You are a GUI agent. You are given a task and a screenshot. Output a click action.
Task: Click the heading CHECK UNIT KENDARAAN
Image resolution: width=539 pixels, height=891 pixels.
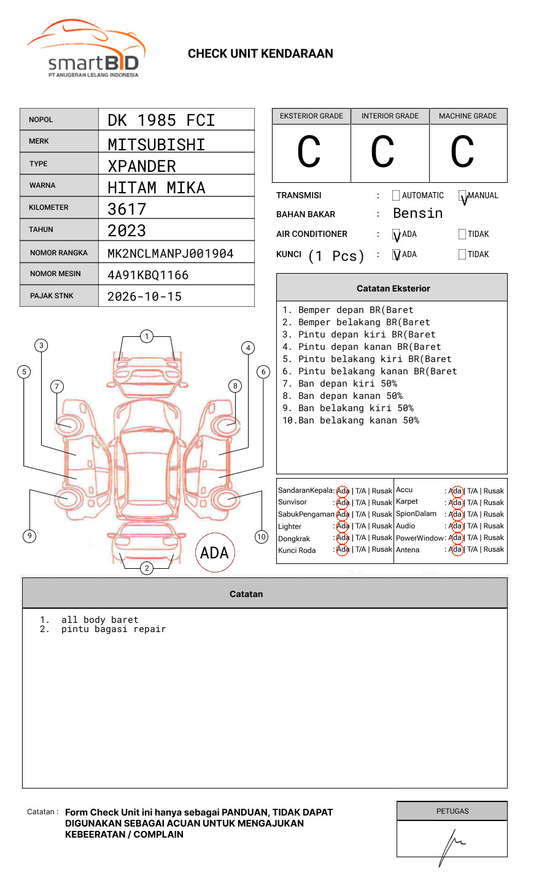260,54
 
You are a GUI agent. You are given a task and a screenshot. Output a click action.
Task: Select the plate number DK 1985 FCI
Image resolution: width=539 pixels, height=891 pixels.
161,120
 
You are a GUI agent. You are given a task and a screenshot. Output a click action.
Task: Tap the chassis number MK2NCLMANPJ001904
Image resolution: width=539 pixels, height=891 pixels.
170,253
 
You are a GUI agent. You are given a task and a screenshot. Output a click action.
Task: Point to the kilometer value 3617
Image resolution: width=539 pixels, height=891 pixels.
127,209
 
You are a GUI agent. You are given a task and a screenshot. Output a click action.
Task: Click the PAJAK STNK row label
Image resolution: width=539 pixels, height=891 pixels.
51,296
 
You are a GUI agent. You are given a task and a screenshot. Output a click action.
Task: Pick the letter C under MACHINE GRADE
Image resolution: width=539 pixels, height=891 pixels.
462,153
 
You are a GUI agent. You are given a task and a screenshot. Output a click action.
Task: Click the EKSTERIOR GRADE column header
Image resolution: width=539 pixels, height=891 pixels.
311,116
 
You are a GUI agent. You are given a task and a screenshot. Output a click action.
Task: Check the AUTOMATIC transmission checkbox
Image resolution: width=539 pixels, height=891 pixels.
396,196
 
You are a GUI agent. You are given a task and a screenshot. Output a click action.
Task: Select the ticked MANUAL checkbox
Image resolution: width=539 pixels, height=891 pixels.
462,196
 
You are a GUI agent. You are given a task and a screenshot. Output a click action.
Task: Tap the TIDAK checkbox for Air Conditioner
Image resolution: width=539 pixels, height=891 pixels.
462,234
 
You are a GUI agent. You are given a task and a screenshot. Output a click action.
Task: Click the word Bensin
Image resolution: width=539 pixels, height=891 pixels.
417,214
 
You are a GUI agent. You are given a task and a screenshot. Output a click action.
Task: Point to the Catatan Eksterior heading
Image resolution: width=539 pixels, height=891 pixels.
393,288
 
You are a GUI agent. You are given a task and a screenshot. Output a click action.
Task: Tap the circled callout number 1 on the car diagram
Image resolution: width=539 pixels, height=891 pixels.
146,336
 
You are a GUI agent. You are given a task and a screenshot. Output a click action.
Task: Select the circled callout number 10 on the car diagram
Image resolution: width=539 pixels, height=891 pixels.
262,537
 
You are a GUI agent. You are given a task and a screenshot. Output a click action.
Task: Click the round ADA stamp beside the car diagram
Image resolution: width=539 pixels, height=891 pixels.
214,553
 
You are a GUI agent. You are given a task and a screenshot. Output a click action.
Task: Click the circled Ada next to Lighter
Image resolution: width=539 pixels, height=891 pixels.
343,526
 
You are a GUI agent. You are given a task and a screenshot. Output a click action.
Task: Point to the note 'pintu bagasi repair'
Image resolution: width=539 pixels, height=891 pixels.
113,630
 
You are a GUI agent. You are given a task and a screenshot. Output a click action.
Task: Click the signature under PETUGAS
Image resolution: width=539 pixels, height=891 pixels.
451,844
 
